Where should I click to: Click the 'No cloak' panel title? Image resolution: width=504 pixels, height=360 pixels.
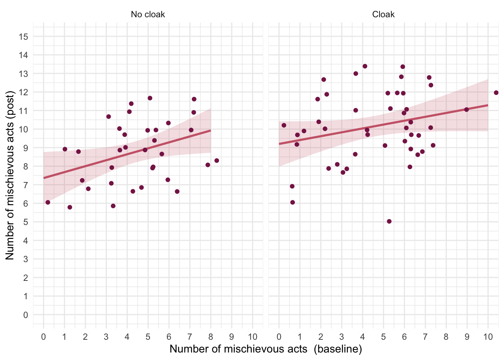click(x=148, y=15)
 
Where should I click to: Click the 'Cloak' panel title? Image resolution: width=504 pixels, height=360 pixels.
click(x=383, y=15)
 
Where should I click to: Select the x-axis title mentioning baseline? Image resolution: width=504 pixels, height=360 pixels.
click(x=265, y=349)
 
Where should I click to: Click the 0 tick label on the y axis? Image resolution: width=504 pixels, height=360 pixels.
click(x=25, y=315)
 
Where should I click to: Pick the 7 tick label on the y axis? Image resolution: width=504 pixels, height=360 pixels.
click(x=25, y=185)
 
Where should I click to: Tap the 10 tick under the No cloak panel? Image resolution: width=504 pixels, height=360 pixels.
click(x=252, y=337)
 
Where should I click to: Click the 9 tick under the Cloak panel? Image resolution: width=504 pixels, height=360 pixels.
click(x=467, y=337)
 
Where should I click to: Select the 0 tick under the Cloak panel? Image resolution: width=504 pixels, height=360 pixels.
click(x=279, y=337)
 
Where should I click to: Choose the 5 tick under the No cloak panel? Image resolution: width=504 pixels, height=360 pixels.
click(x=148, y=337)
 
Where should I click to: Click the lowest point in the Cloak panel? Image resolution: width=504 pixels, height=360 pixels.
click(x=389, y=221)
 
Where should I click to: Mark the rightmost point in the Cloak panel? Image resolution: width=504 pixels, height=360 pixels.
click(x=496, y=93)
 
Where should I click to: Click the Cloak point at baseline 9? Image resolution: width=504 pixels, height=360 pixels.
click(x=466, y=109)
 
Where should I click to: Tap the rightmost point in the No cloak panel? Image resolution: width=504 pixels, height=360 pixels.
click(x=217, y=160)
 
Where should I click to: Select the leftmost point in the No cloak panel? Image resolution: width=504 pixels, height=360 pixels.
click(x=48, y=202)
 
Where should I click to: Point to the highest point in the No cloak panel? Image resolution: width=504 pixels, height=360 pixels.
click(x=150, y=98)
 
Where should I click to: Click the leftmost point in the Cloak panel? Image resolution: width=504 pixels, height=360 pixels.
click(x=284, y=125)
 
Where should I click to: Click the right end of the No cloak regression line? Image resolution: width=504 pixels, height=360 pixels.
click(x=211, y=130)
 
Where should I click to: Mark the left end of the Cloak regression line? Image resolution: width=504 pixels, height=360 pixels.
click(x=279, y=144)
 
